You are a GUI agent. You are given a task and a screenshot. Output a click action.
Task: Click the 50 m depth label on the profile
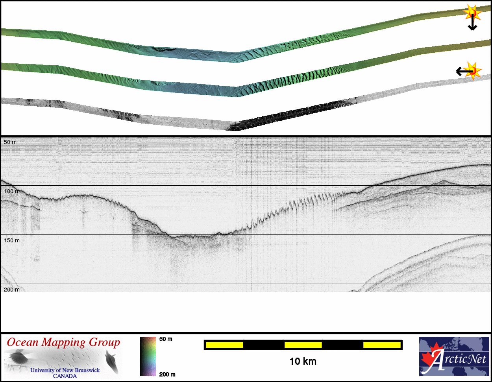[x=10, y=142]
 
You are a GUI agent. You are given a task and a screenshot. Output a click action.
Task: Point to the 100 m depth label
[x=12, y=191]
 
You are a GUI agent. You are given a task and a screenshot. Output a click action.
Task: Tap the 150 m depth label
[x=12, y=240]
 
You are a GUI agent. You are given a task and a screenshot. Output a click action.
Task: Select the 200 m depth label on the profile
[x=12, y=290]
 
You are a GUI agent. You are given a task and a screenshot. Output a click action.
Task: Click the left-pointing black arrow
[x=464, y=72]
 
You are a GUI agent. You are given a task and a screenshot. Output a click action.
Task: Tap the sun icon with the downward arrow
[x=472, y=13]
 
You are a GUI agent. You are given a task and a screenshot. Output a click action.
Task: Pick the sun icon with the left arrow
[x=472, y=71]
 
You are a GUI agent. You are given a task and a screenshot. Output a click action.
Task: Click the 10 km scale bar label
[x=303, y=362]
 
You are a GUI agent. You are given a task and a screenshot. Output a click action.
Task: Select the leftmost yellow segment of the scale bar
[x=224, y=345]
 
